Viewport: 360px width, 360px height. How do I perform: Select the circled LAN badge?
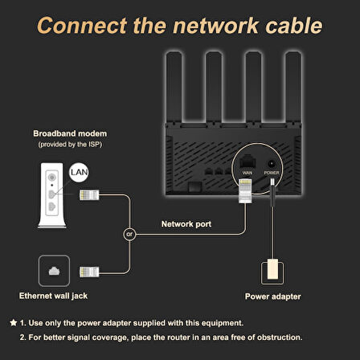click(x=78, y=172)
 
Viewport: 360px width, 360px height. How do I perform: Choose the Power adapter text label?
click(x=272, y=297)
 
